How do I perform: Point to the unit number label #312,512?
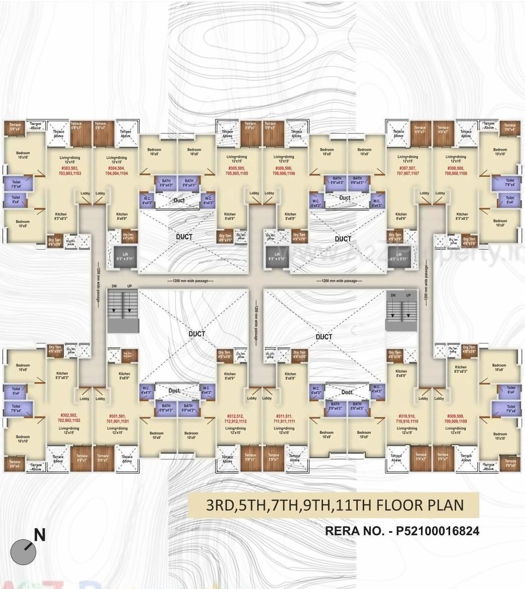235,419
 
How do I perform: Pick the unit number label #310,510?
406,419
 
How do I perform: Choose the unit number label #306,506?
284,170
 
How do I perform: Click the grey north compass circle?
23,552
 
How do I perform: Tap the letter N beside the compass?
39,536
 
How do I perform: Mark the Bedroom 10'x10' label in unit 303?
23,155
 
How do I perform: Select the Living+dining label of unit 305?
237,159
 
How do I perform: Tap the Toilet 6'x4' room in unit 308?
510,200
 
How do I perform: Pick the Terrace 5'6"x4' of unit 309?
510,463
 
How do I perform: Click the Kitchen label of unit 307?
401,216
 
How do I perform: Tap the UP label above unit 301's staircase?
130,286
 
